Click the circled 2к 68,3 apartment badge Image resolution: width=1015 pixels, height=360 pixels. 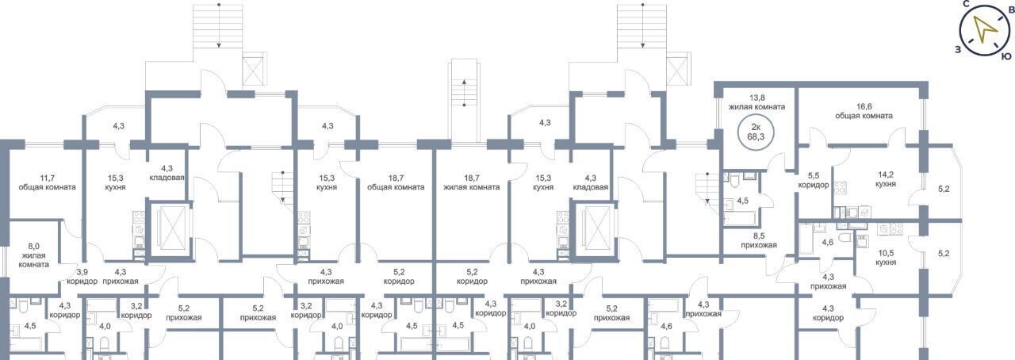(x=756, y=132)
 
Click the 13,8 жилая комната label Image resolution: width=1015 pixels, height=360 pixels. (x=756, y=102)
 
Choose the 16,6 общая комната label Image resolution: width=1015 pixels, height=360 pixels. (x=864, y=111)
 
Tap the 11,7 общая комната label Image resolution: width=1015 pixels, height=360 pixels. (x=47, y=182)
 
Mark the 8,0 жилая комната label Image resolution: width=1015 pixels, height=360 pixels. (x=33, y=255)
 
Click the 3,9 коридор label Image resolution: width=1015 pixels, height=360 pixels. (x=82, y=277)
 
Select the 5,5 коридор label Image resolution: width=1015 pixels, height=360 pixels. (x=814, y=180)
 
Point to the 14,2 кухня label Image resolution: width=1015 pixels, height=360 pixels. (x=886, y=179)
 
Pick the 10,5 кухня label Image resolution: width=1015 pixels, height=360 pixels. (x=886, y=258)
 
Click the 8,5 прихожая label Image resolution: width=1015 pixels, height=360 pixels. (x=759, y=240)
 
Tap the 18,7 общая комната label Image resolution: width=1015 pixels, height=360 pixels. (x=396, y=182)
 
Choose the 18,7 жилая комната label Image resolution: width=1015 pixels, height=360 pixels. (x=471, y=182)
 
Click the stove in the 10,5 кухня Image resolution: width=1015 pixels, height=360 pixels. (x=890, y=229)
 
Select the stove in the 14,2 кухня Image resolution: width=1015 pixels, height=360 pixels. (x=840, y=188)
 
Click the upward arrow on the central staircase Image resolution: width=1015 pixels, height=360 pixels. (x=464, y=94)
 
